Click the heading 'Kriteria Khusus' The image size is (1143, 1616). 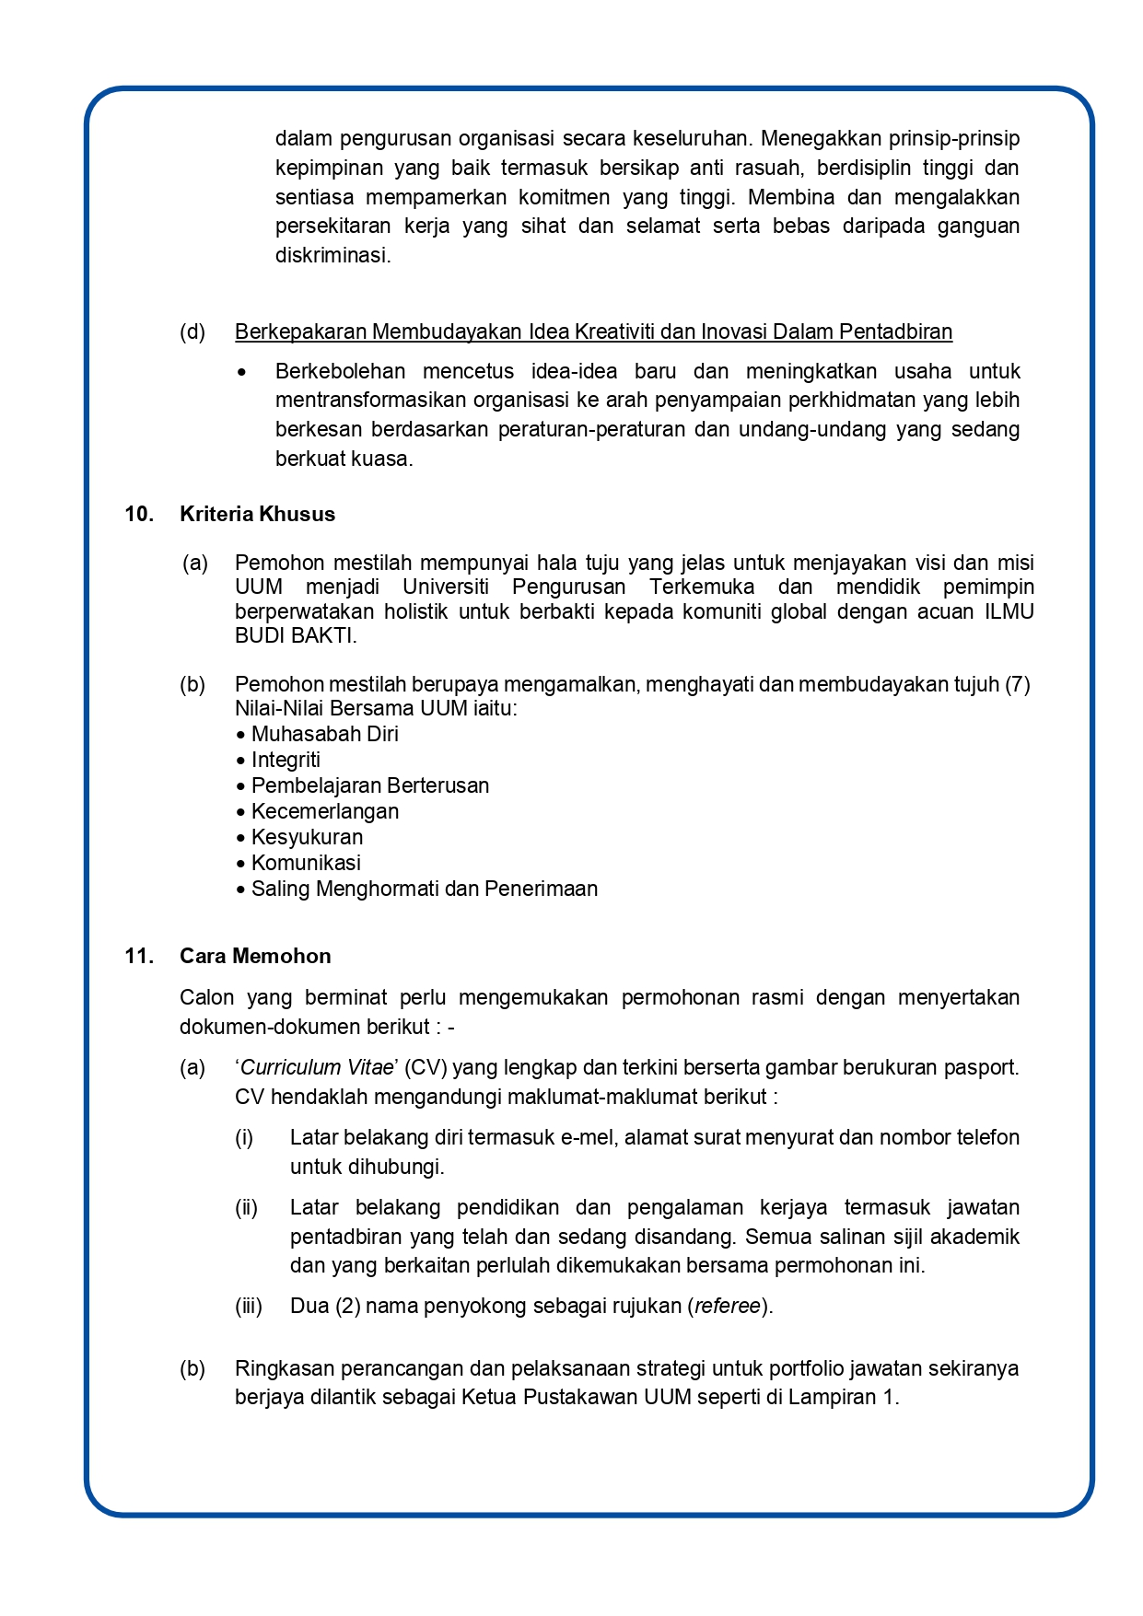[257, 514]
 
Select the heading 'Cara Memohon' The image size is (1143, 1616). [255, 956]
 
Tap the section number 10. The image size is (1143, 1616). [139, 514]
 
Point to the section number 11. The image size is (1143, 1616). [139, 956]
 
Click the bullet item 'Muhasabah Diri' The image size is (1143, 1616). [324, 734]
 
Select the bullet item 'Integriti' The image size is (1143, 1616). [286, 760]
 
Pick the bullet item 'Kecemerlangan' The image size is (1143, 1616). [324, 811]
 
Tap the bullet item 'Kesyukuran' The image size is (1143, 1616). [307, 837]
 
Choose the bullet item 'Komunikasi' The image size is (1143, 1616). [306, 863]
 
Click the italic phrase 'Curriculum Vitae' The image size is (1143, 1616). [318, 1067]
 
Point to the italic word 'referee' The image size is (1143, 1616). [728, 1306]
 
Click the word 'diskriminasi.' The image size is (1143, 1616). [333, 255]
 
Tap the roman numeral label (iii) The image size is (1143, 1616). [248, 1306]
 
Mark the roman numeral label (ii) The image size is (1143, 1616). [246, 1207]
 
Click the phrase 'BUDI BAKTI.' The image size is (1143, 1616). [296, 635]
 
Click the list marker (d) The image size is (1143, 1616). [192, 331]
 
